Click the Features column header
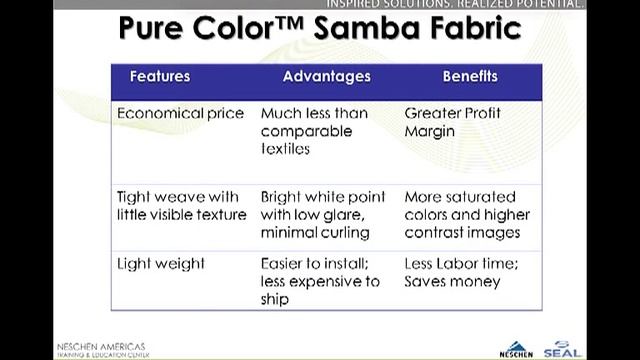(x=160, y=77)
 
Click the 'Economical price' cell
(x=180, y=113)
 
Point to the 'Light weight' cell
(x=161, y=264)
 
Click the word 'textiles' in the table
(x=286, y=149)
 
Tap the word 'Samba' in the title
(x=364, y=28)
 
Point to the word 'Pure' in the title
(x=156, y=28)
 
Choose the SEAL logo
(x=590, y=347)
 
